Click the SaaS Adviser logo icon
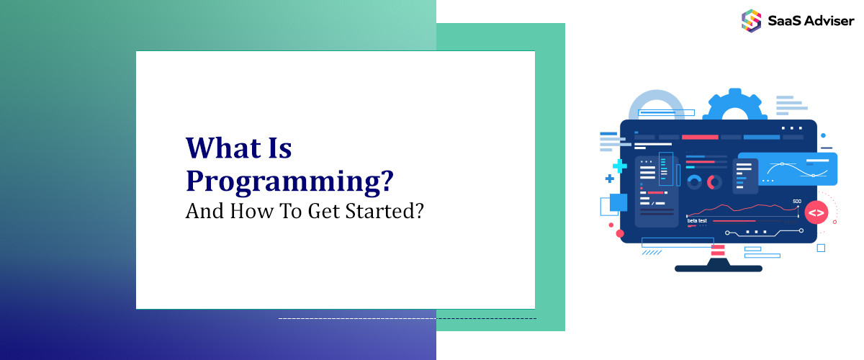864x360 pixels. coord(751,20)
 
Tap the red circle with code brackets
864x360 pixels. coord(816,212)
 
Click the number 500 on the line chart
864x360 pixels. coord(796,202)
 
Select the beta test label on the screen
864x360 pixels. coord(697,220)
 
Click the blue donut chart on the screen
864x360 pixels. coord(694,182)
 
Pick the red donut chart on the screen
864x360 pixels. coord(714,182)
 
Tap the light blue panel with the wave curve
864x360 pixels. coord(797,170)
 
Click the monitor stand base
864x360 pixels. coord(718,268)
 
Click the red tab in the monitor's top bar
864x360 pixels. coord(700,137)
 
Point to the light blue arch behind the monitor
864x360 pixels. coord(656,104)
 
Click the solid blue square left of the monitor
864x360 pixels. coord(618,202)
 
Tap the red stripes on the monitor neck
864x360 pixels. coord(718,249)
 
